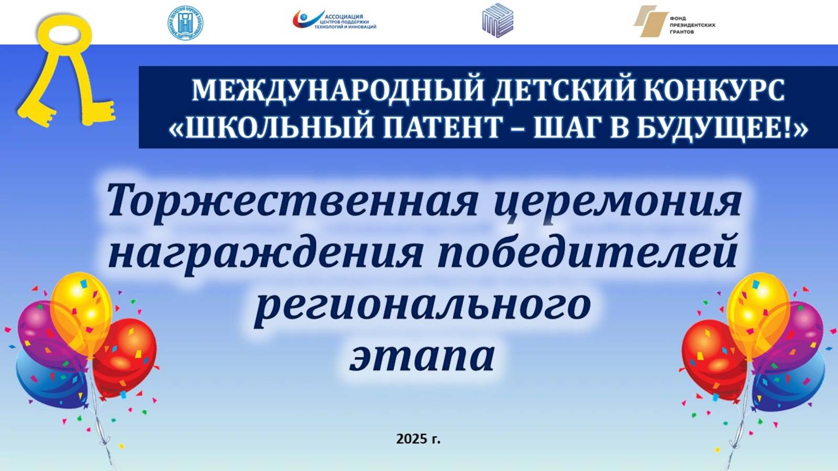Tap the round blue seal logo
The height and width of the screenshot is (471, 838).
tap(185, 23)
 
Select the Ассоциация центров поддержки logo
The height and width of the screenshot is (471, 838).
tap(334, 20)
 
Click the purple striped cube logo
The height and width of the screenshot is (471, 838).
tap(497, 20)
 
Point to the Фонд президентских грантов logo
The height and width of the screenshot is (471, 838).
tap(674, 21)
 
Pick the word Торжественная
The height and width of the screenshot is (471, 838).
tap(292, 201)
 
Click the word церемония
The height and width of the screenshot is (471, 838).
tap(618, 201)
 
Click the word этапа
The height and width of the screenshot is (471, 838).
tap(422, 355)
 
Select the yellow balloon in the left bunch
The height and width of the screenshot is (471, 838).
tap(81, 306)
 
